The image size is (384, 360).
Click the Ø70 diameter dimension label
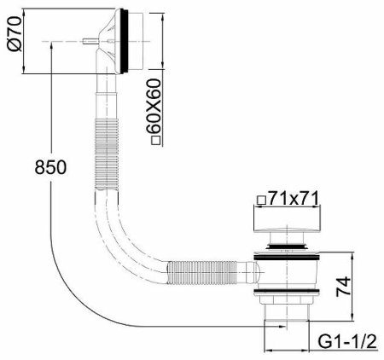15,33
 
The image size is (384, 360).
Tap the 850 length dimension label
50,167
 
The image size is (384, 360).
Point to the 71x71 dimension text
294,198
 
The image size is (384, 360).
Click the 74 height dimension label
343,287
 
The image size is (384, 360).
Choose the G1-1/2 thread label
347,341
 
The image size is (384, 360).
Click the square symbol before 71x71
261,200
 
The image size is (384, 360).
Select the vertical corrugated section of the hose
107,154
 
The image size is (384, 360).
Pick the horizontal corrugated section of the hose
202,272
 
